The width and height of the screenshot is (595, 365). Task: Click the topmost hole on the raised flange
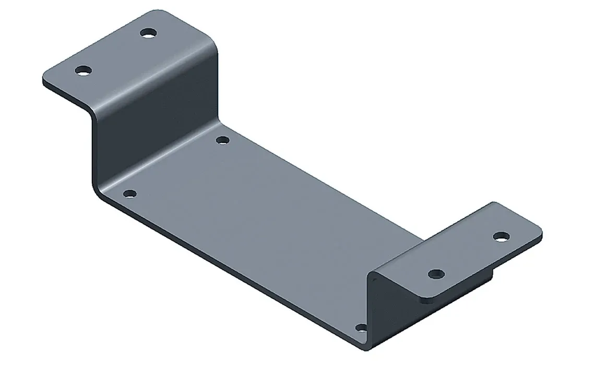tap(149, 33)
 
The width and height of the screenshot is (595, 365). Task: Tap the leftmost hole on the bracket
tap(82, 70)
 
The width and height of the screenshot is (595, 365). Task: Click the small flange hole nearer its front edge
tap(435, 273)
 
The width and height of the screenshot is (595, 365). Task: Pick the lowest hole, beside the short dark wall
tap(360, 328)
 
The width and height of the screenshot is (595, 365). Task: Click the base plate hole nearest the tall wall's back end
tap(222, 140)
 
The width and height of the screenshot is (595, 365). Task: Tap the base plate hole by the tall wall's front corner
tap(130, 194)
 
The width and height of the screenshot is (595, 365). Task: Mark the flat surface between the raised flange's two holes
tap(116, 52)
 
